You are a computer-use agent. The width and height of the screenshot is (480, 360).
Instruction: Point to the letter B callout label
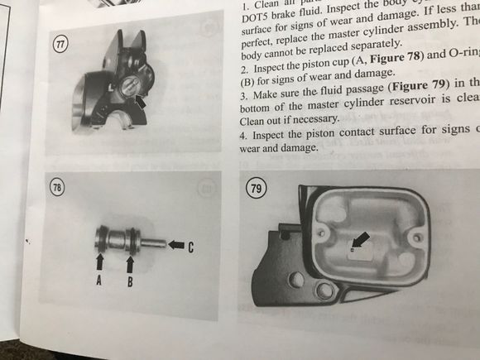tap(130, 281)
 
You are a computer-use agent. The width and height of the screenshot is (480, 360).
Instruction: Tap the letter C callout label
tap(191, 246)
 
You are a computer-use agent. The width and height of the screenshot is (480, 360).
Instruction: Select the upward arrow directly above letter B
tap(130, 262)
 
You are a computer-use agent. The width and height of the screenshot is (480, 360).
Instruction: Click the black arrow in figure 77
tap(144, 103)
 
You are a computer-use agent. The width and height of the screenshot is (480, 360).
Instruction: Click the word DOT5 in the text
tap(255, 14)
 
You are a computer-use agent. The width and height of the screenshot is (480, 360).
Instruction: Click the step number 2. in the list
tap(243, 60)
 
